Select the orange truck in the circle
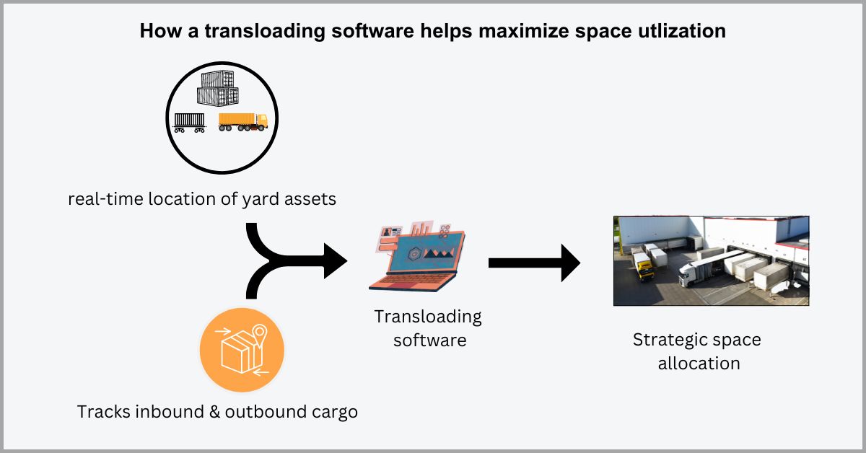pos(242,121)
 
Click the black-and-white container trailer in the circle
pos(190,123)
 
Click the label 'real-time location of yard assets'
pos(202,198)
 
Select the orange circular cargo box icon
pos(242,351)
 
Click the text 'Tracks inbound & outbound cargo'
pos(217,413)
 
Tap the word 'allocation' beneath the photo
pos(699,363)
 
